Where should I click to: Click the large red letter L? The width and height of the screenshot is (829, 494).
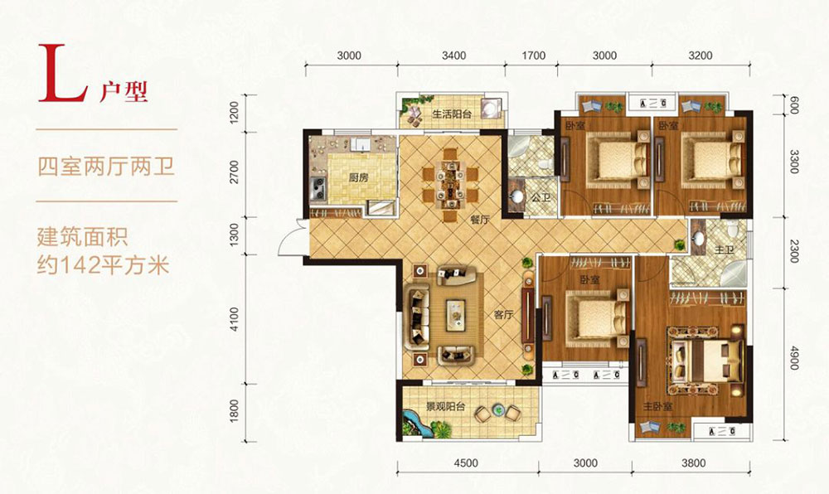point(62,74)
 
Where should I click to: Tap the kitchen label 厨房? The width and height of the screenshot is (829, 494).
point(358,177)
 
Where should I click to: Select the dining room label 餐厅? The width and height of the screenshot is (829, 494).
point(479,220)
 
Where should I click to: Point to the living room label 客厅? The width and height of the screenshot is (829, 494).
point(503,315)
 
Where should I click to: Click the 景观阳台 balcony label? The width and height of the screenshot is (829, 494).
point(446,407)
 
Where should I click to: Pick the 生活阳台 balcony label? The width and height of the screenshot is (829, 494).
point(452,114)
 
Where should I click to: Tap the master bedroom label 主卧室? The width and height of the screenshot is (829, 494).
point(657,407)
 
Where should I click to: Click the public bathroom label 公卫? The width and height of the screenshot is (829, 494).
point(541,198)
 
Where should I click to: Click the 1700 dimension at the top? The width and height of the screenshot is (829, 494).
point(533,56)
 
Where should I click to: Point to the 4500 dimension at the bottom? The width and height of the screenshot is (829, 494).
point(466,463)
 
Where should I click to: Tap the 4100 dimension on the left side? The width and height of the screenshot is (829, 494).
point(235,320)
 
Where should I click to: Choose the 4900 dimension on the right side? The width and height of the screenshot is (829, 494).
point(793,358)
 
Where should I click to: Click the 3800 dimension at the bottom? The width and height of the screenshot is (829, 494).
point(693,463)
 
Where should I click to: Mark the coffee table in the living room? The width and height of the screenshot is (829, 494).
point(455,315)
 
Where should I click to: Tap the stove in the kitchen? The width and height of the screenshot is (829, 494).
point(318,189)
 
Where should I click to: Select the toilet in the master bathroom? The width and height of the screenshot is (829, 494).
point(732,230)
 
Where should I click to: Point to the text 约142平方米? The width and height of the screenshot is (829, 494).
point(103,265)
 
